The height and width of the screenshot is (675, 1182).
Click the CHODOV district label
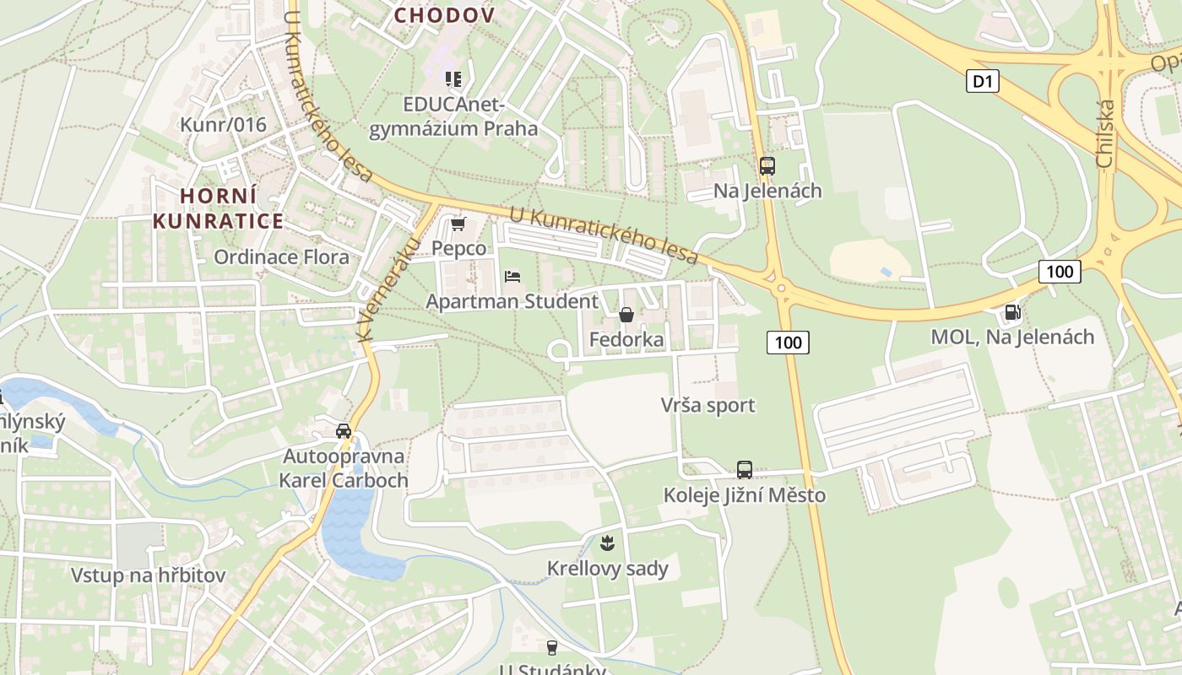[444, 15]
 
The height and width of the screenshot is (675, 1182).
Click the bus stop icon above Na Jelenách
[767, 166]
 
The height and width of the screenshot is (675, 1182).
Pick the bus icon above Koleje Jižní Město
[744, 470]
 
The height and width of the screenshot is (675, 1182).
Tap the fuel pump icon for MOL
[1011, 312]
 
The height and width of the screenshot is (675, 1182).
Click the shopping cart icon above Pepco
[458, 224]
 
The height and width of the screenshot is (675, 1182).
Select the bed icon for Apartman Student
[512, 276]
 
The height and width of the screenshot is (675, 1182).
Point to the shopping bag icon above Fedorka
[626, 315]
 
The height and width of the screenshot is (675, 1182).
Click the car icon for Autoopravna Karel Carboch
[344, 431]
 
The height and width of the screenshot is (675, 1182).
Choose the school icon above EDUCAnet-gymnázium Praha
[453, 79]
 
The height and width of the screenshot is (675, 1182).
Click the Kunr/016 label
[223, 125]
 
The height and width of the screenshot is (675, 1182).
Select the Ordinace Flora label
[281, 256]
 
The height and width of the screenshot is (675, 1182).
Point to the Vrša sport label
[708, 405]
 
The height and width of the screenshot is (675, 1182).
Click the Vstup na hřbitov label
[148, 575]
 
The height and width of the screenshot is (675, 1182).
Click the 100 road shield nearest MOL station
[1059, 271]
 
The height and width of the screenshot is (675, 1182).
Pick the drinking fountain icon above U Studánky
[552, 647]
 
